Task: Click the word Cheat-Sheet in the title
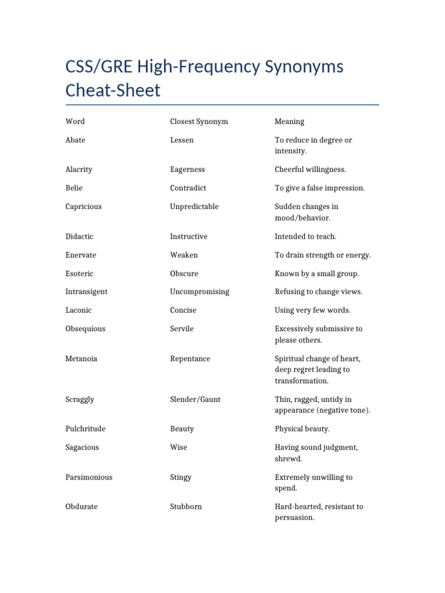pyautogui.click(x=113, y=91)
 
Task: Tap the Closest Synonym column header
pyautogui.click(x=199, y=122)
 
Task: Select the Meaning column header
pyautogui.click(x=289, y=122)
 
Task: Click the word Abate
pyautogui.click(x=75, y=140)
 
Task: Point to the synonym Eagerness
pyautogui.click(x=187, y=170)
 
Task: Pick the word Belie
pyautogui.click(x=74, y=188)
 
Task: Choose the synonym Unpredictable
pyautogui.click(x=194, y=207)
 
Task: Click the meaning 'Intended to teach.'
pyautogui.click(x=305, y=236)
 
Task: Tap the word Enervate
pyautogui.click(x=81, y=255)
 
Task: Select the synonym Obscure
pyautogui.click(x=184, y=273)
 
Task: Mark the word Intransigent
pyautogui.click(x=86, y=292)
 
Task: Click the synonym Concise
pyautogui.click(x=183, y=310)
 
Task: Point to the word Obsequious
pyautogui.click(x=85, y=329)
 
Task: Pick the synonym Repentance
pyautogui.click(x=190, y=359)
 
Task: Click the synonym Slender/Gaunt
pyautogui.click(x=195, y=400)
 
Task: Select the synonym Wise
pyautogui.click(x=178, y=448)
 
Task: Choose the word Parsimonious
pyautogui.click(x=89, y=477)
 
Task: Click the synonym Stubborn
pyautogui.click(x=186, y=507)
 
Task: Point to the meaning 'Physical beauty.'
pyautogui.click(x=302, y=429)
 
